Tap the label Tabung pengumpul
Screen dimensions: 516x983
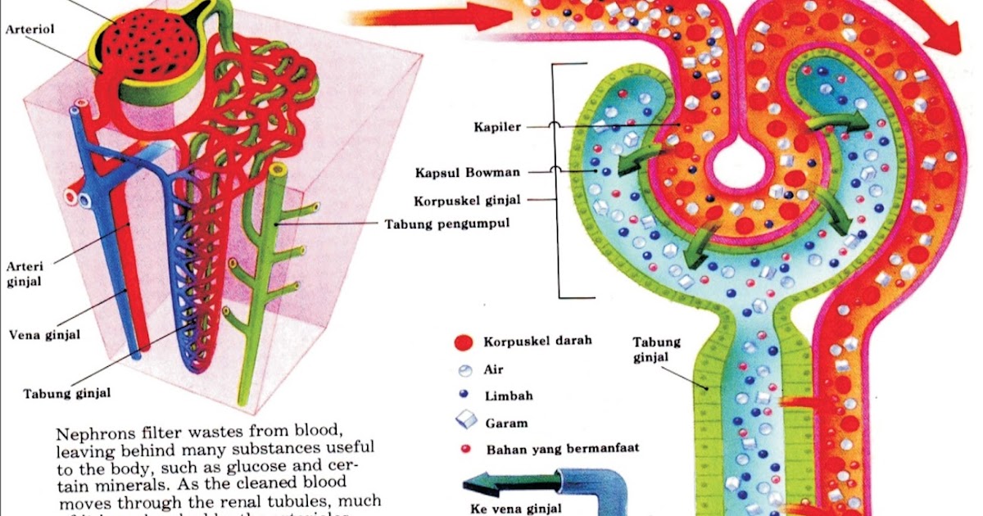[442, 224]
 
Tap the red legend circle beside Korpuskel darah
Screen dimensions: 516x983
[464, 342]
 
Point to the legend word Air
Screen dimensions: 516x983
[493, 369]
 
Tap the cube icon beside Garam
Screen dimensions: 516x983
[464, 421]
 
